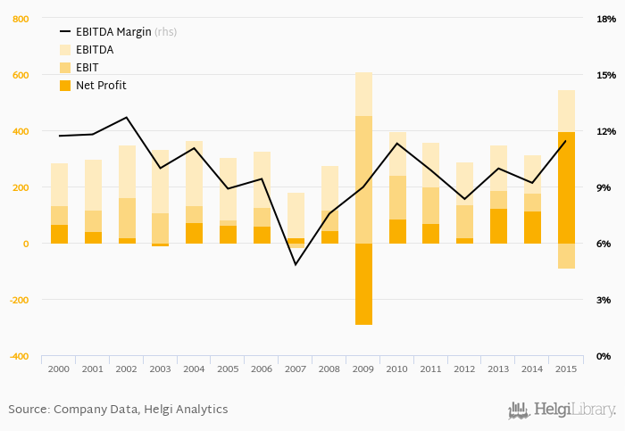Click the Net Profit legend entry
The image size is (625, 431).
(100, 86)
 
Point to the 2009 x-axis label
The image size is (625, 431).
(363, 369)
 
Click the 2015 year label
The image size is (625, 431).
(566, 369)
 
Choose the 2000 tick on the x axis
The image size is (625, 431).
(60, 369)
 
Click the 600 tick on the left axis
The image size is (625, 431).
(18, 75)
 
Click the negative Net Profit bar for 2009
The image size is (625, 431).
(363, 284)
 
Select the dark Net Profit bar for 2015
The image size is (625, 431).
(566, 187)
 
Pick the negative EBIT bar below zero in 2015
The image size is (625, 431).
(566, 256)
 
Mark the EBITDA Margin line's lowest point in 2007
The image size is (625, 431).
(296, 264)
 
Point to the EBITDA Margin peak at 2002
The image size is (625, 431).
(127, 118)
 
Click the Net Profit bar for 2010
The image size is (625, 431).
(397, 232)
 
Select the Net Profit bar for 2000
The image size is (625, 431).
(60, 234)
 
